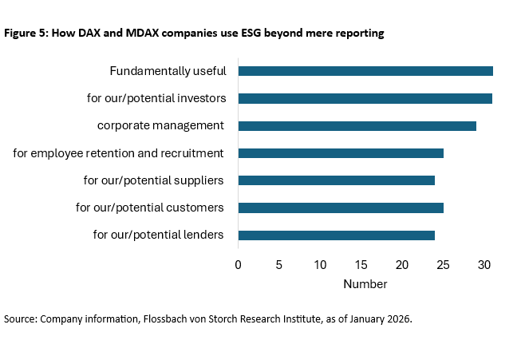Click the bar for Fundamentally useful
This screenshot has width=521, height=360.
click(x=365, y=71)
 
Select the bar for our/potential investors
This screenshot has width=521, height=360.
click(x=365, y=98)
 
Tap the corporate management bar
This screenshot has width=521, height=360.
click(x=357, y=126)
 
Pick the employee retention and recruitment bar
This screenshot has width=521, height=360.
click(x=341, y=153)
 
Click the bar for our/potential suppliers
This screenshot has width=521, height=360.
click(x=336, y=180)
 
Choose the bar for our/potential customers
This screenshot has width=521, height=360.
click(x=341, y=208)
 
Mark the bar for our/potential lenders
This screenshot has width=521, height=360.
click(x=336, y=235)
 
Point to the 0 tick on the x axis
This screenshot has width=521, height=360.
click(x=238, y=264)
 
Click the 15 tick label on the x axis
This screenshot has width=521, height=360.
click(x=361, y=264)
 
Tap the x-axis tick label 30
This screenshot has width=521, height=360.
click(x=484, y=264)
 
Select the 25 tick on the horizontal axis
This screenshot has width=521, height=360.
click(x=443, y=264)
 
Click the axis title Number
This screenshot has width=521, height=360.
click(x=365, y=284)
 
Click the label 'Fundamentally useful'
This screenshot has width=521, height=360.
click(x=168, y=71)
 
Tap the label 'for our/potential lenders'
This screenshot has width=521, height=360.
click(x=158, y=235)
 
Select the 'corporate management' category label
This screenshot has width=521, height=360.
click(x=160, y=126)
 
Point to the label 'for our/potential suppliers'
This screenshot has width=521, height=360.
click(x=153, y=180)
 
